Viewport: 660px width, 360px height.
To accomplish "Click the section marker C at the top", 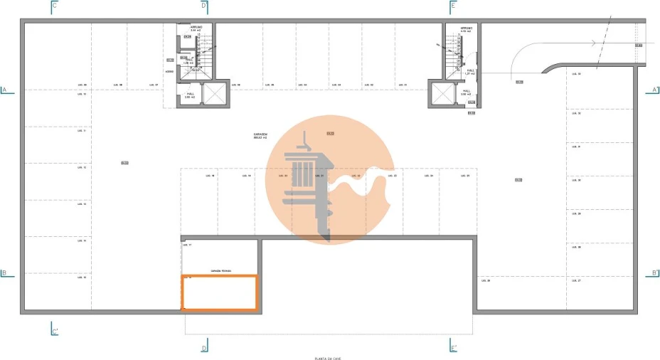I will click(55, 5).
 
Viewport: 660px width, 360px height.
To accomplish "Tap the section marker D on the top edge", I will click(205, 5).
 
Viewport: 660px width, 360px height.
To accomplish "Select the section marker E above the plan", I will click(453, 5).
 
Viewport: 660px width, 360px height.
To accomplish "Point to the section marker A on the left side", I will click(4, 90).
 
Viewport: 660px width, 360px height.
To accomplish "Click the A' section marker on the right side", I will click(655, 90).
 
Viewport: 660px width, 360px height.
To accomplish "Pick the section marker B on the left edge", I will click(4, 272).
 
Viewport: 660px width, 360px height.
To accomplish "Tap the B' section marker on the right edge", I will click(655, 272).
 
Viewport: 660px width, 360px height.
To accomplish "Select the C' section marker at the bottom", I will click(55, 331).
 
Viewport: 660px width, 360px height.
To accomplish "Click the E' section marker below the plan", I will click(454, 347).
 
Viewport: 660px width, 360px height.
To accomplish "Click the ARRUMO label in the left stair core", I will click(196, 28).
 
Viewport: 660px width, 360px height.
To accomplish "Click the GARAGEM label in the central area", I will click(260, 134).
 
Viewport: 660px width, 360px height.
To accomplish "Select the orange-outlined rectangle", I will click(220, 292).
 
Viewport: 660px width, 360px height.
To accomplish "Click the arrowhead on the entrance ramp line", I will click(592, 43).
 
